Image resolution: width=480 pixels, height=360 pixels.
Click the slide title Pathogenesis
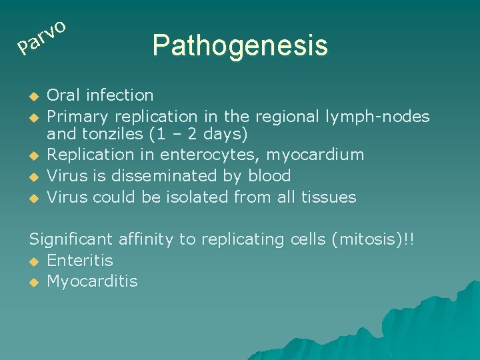239,46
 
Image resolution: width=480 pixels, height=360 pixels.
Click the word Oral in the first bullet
62,95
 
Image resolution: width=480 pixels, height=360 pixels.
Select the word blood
266,176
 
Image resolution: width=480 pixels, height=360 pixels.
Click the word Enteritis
80,260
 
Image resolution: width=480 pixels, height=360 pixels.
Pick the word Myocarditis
92,281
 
